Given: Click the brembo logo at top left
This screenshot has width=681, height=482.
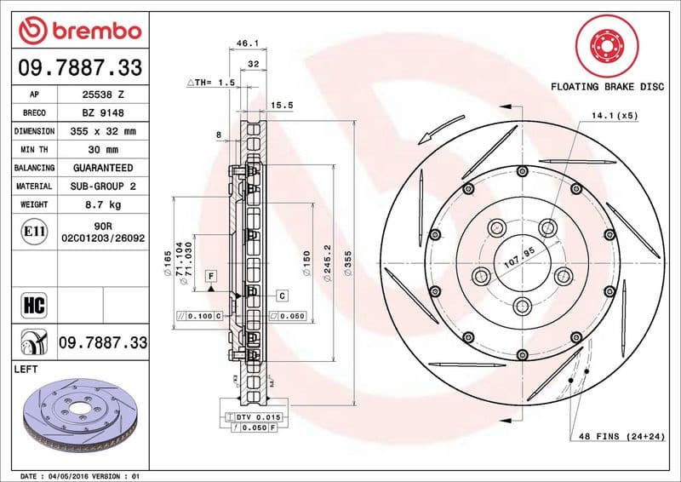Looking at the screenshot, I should pos(79,31).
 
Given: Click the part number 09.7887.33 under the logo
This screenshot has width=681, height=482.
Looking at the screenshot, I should pos(80,67).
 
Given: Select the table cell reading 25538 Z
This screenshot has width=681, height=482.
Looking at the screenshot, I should pos(100,95).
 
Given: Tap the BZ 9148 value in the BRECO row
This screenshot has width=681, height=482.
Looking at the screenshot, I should pos(100,113).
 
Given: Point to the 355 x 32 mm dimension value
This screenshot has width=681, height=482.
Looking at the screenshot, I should pos(100,132).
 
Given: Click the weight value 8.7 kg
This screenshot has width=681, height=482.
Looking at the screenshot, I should pos(100,205).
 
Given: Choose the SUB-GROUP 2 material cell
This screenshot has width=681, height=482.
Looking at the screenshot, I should pos(100,186).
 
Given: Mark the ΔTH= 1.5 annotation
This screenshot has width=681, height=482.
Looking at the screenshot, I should pos(210,82).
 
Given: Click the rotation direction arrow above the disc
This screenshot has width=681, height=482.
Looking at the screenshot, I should pos(436,132).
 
